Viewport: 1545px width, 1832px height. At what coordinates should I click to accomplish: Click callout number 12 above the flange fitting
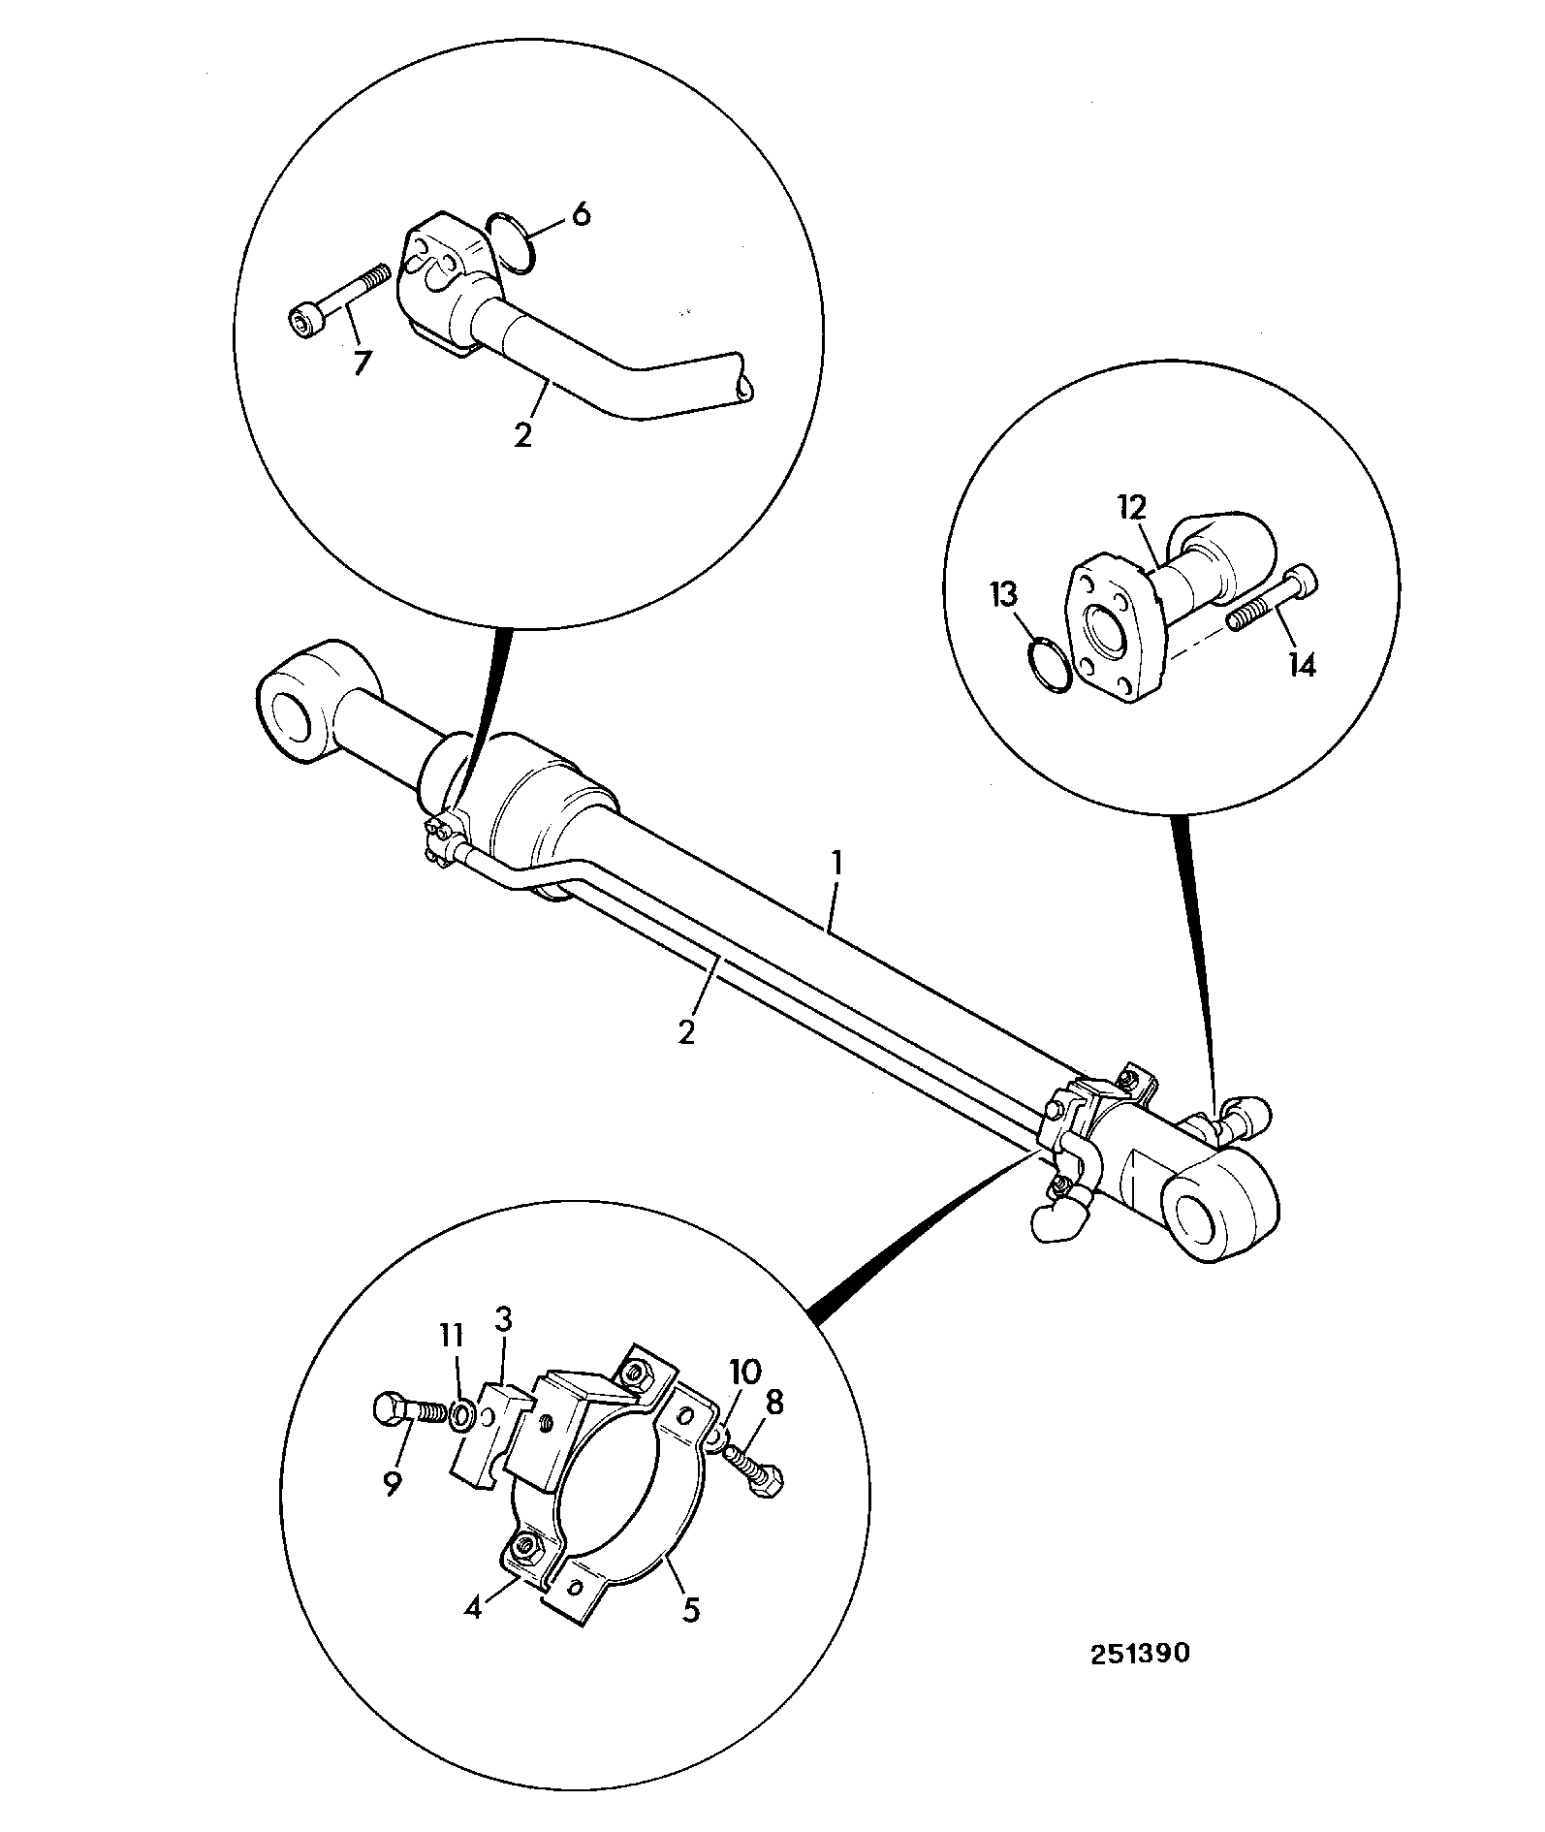[x=1131, y=507]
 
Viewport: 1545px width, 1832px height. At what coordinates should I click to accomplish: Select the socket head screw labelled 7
[x=340, y=298]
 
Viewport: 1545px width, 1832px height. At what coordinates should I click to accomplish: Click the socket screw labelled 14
[x=1274, y=596]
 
